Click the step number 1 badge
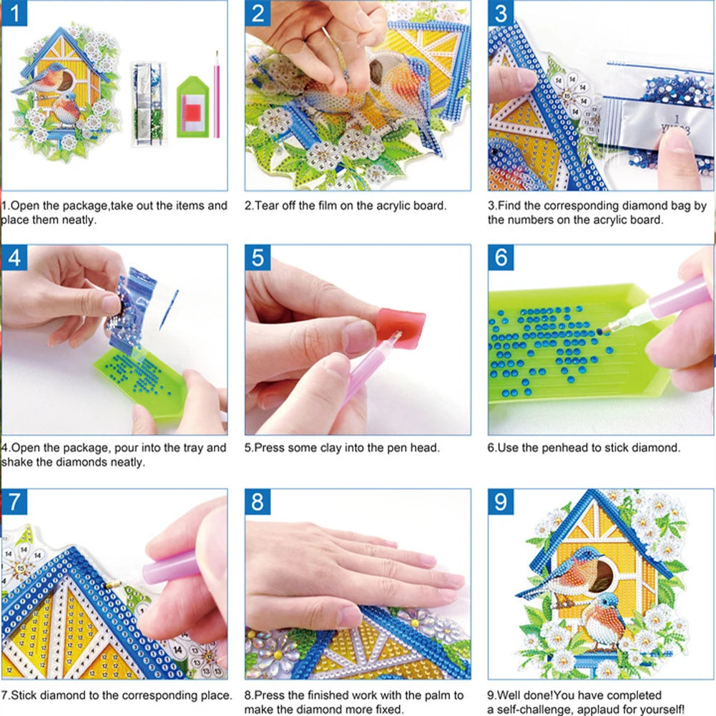pos(15,13)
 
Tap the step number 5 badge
pos(258,258)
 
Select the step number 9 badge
pos(501,501)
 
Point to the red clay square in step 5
pos(402,328)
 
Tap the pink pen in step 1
pos(217,93)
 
